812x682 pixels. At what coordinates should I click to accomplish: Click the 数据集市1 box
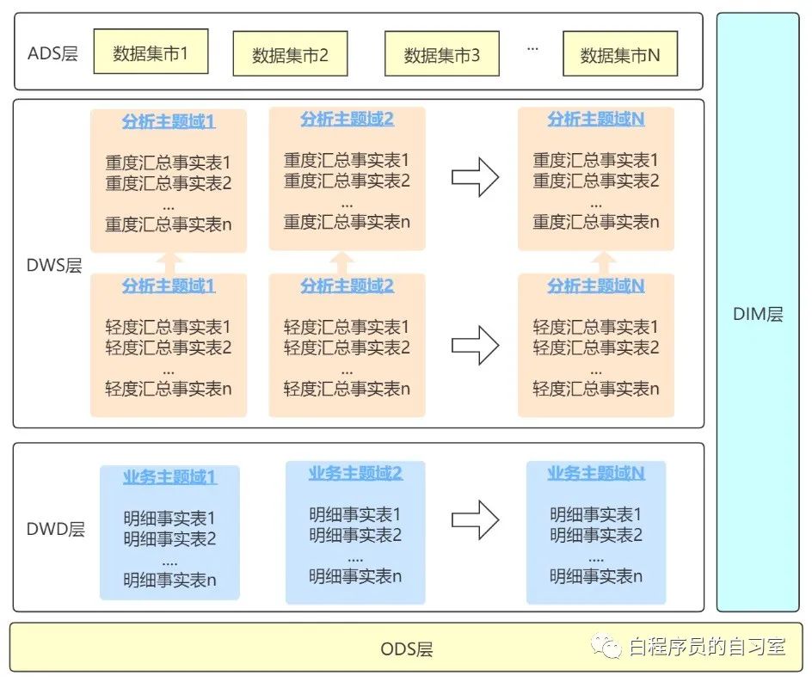click(x=151, y=54)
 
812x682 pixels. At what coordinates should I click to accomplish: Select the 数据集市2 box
click(x=290, y=56)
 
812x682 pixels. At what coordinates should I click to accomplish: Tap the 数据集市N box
click(x=620, y=56)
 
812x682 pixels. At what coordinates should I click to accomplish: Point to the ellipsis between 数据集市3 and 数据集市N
click(x=532, y=49)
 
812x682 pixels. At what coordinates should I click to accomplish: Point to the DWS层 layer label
click(x=54, y=266)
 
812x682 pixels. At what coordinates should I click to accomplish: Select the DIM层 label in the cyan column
click(x=758, y=315)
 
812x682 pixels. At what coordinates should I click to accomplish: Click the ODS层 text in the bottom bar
click(x=407, y=649)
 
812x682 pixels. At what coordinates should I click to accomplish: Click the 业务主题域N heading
click(x=596, y=473)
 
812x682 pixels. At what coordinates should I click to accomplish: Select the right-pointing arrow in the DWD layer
click(x=476, y=519)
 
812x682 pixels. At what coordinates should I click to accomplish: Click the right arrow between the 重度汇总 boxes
click(x=476, y=177)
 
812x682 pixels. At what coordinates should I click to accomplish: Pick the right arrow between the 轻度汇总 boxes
click(x=476, y=345)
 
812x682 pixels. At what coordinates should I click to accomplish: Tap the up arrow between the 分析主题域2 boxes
click(x=344, y=261)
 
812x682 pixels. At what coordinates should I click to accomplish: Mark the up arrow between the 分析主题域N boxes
click(x=606, y=261)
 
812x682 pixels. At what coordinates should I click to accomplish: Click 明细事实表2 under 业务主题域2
click(x=355, y=535)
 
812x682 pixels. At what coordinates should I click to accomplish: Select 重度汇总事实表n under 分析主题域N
click(x=596, y=222)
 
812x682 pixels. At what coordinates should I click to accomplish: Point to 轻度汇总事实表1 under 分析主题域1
click(x=169, y=327)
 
